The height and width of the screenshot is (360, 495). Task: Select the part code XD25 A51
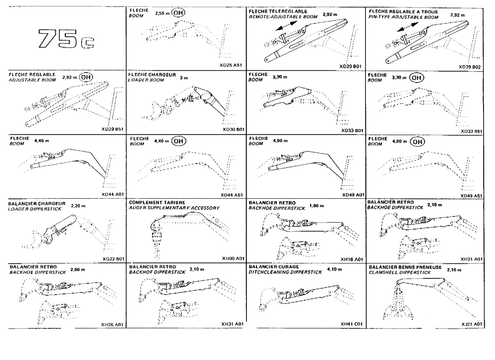[x=231, y=65]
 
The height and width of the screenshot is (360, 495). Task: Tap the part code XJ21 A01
[x=471, y=324]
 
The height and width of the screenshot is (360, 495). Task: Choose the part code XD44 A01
[x=112, y=195]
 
